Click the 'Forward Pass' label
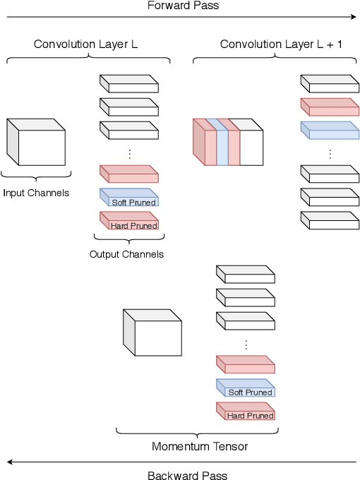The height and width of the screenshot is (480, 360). click(183, 6)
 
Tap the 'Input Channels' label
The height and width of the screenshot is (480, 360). click(36, 193)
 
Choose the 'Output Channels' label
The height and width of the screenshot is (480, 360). click(126, 254)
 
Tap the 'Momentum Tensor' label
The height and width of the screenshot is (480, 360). click(200, 446)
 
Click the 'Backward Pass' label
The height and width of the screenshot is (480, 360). click(187, 475)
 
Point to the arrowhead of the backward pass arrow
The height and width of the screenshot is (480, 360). click(9, 462)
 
